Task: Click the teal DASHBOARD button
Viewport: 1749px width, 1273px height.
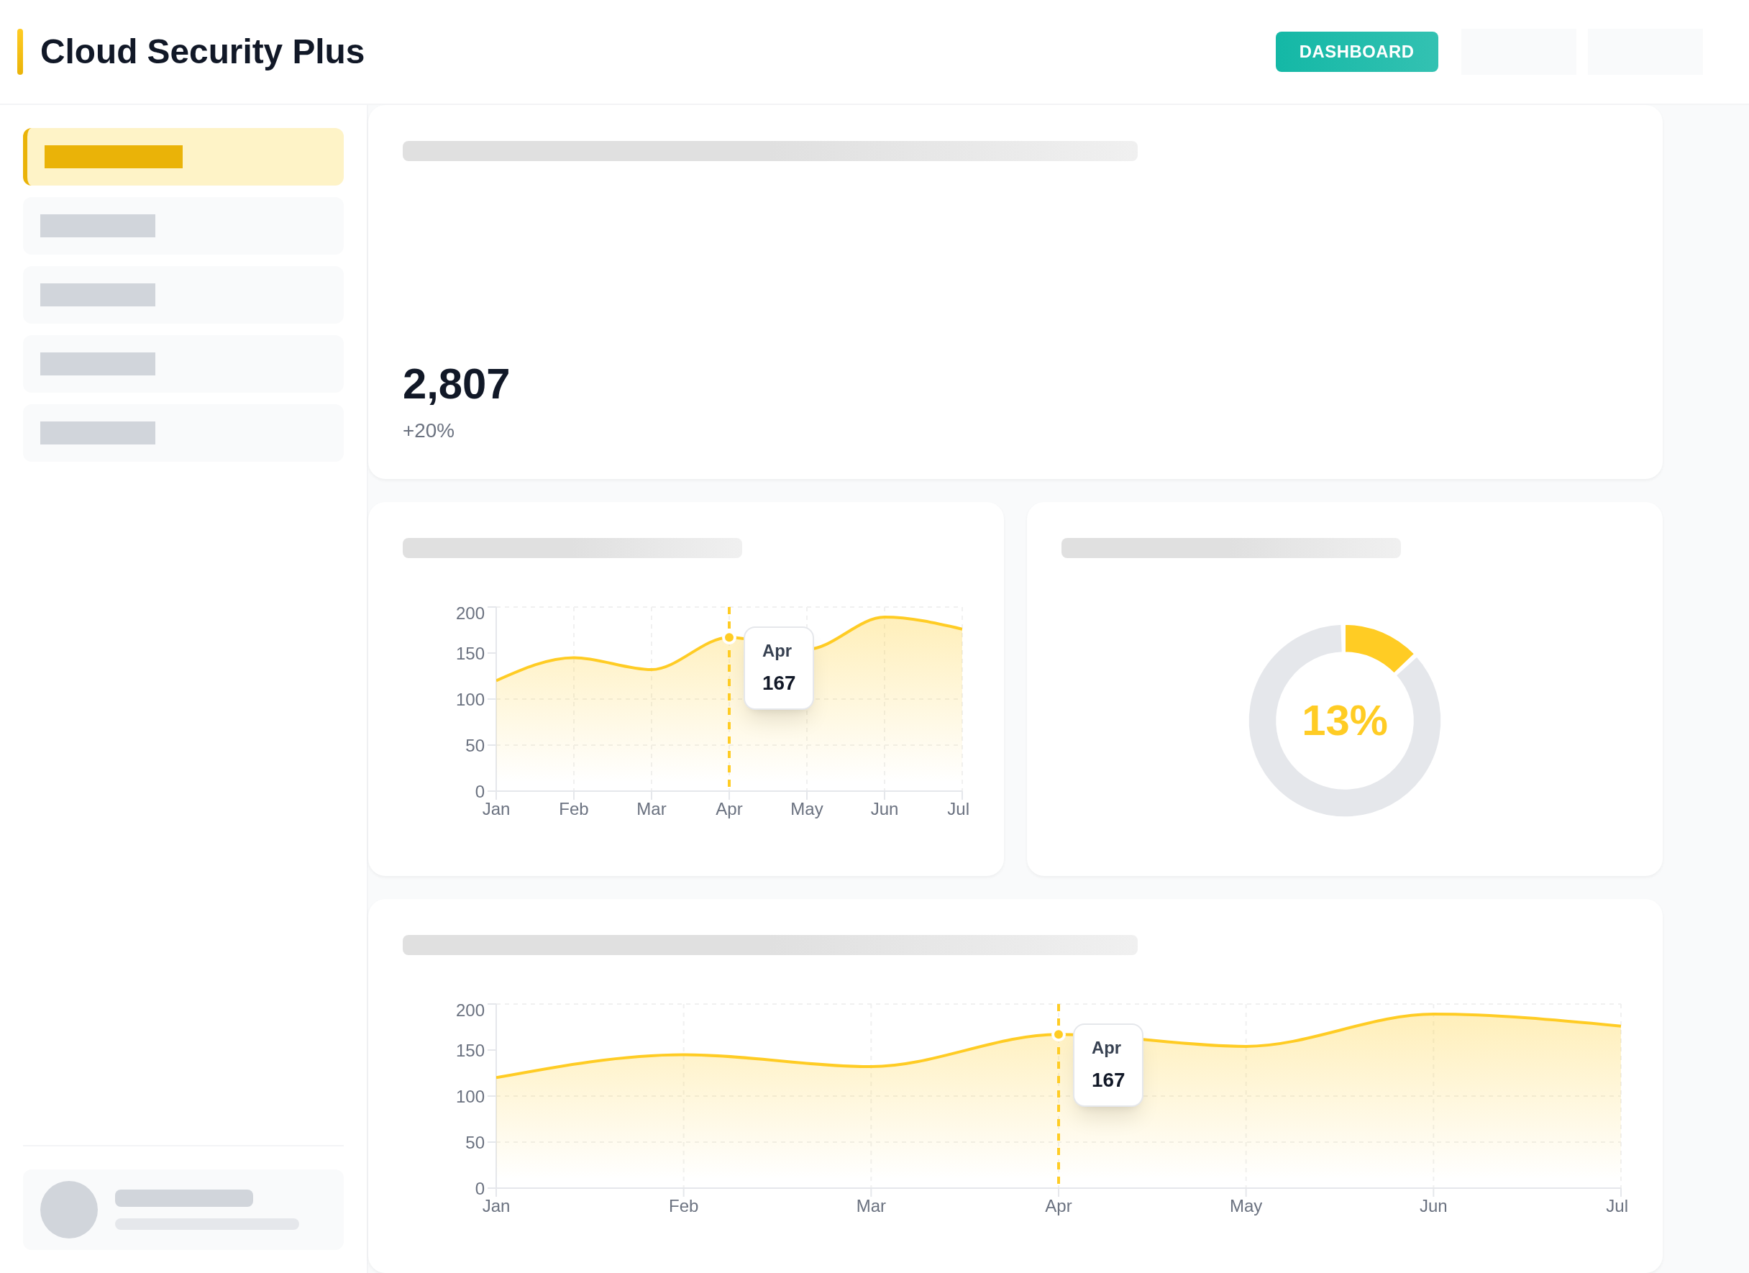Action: pyautogui.click(x=1356, y=52)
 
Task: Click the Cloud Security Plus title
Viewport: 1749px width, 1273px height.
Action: pyautogui.click(x=202, y=52)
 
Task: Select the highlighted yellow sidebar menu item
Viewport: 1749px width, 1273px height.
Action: pyautogui.click(x=183, y=157)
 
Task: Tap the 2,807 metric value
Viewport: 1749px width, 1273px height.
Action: pyautogui.click(x=456, y=384)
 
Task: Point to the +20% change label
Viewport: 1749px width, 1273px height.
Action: pyautogui.click(x=428, y=430)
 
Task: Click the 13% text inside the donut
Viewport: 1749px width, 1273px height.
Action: pyautogui.click(x=1344, y=721)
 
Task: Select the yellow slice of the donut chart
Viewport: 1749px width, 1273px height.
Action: pyautogui.click(x=1377, y=644)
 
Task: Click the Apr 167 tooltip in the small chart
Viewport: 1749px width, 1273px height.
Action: pyautogui.click(x=778, y=667)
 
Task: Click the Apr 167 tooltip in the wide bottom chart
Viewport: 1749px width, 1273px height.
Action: pyautogui.click(x=1108, y=1065)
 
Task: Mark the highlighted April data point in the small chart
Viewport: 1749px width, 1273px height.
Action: pyautogui.click(x=729, y=638)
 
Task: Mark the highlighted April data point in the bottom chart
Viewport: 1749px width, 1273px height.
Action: pyautogui.click(x=1058, y=1035)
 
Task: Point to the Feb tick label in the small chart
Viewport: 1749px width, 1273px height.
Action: pyautogui.click(x=573, y=809)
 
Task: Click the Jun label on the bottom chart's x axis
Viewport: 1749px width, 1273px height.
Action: pyautogui.click(x=1433, y=1206)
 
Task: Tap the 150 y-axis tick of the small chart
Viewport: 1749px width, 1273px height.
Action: pyautogui.click(x=470, y=654)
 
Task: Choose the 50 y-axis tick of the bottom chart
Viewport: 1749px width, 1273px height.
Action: pyautogui.click(x=474, y=1143)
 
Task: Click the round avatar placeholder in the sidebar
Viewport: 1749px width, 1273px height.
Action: pyautogui.click(x=68, y=1209)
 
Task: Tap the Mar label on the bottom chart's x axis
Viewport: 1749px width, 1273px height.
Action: pyautogui.click(x=871, y=1206)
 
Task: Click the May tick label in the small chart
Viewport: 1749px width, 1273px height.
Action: pyautogui.click(x=806, y=809)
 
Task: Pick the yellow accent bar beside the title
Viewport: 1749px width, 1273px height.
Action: pyautogui.click(x=20, y=52)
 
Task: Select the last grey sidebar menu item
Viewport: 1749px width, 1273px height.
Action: pyautogui.click(x=183, y=432)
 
